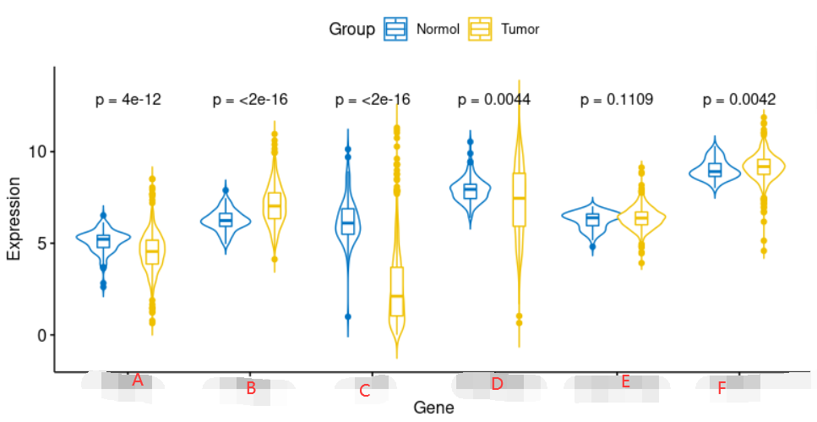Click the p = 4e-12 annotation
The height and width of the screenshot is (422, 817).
tap(128, 100)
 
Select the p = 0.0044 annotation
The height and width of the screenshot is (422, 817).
tap(494, 100)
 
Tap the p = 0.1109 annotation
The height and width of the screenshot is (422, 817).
tap(617, 100)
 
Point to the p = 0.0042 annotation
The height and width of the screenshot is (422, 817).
tap(739, 100)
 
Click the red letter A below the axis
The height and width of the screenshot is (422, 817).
tap(138, 381)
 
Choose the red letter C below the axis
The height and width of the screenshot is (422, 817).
tap(364, 391)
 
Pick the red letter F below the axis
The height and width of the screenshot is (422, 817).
tap(722, 389)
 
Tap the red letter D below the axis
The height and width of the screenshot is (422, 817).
tap(497, 384)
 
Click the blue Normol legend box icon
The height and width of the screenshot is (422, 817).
tap(395, 29)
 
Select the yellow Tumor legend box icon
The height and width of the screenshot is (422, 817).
tap(481, 29)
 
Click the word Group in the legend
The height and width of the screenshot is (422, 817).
tap(351, 30)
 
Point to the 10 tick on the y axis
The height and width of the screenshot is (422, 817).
tap(35, 151)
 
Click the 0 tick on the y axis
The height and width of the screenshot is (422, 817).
tap(40, 335)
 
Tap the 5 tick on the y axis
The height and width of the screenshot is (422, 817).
tap(40, 244)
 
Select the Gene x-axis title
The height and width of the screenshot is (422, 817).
tap(433, 408)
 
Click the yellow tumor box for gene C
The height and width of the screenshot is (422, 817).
tap(396, 292)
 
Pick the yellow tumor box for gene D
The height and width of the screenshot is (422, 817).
tap(519, 200)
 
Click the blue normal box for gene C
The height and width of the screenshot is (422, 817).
tap(347, 222)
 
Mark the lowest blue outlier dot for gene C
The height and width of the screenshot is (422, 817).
tap(347, 316)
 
